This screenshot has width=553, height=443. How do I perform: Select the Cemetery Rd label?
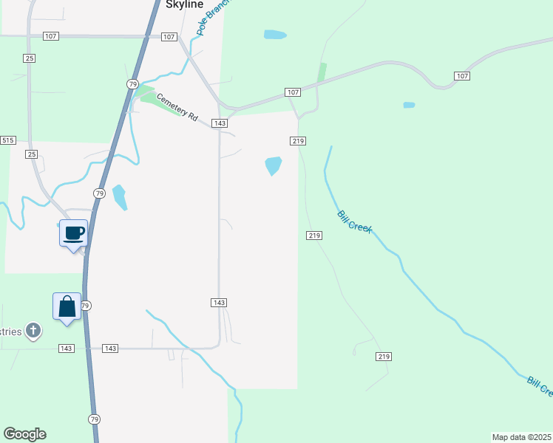[177, 106]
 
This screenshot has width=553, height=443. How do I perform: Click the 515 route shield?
[7, 140]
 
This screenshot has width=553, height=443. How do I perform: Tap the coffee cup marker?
[73, 234]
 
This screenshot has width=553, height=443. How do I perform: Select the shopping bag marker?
[67, 307]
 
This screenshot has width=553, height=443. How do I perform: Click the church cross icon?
[33, 331]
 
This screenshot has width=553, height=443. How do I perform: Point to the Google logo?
[24, 434]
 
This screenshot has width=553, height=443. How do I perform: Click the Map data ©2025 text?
[521, 436]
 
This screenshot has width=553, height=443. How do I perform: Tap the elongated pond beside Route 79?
[119, 197]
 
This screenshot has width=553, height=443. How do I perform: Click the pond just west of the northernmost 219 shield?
[273, 165]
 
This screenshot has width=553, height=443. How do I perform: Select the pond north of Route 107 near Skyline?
[275, 35]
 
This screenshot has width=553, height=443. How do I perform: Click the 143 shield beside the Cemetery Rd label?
[219, 123]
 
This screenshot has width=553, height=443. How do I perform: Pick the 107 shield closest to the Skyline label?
[169, 37]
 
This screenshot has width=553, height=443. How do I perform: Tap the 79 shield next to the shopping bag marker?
[85, 306]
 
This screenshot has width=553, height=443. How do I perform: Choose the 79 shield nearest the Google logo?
[94, 419]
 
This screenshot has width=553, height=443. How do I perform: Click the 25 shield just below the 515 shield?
[31, 154]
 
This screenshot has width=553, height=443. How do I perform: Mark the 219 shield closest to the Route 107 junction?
[298, 140]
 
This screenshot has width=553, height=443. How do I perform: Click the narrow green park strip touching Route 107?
[322, 72]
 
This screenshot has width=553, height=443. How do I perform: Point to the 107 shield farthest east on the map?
[462, 76]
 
